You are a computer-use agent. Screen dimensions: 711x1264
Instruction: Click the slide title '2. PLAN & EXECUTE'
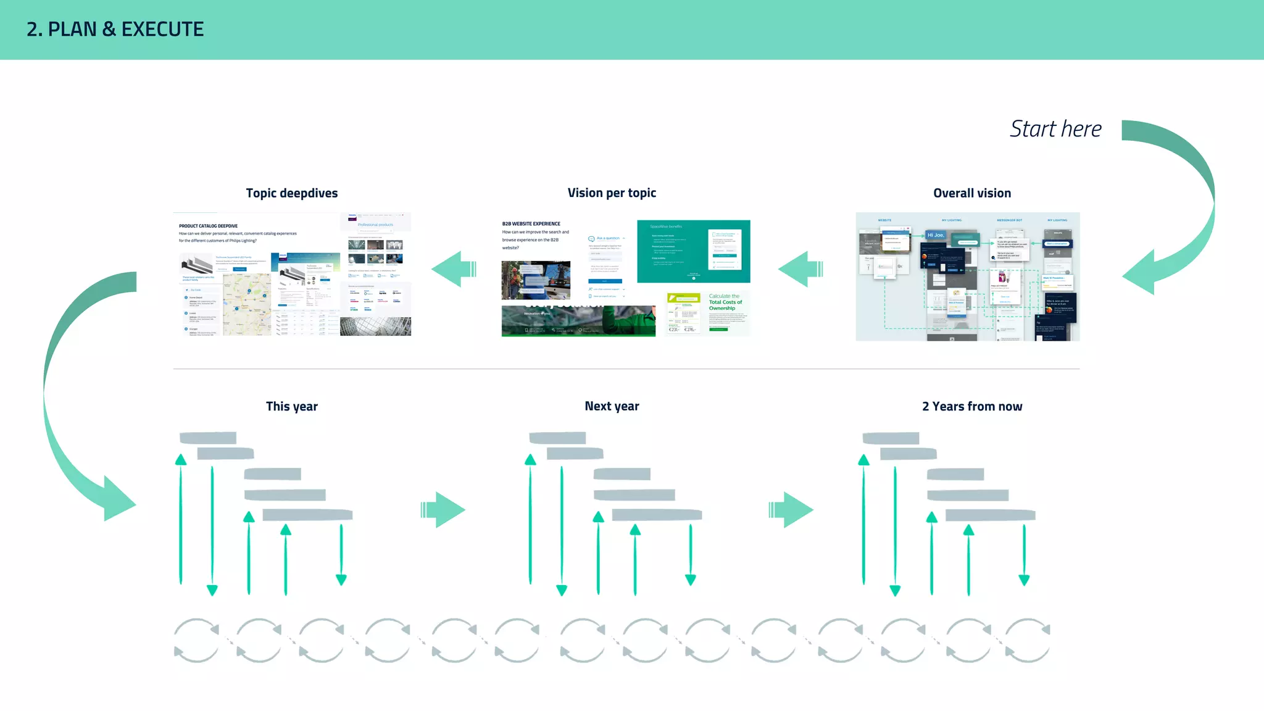[115, 29]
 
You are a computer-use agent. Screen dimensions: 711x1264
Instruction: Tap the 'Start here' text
[1055, 129]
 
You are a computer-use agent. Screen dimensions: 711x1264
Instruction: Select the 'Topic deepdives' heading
[291, 193]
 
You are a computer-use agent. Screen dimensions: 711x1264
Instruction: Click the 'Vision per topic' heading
[612, 193]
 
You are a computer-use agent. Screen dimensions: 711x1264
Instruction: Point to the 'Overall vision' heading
[971, 193]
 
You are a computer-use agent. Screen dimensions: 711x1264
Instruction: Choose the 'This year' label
[291, 406]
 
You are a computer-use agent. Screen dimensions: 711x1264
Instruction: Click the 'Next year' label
[612, 406]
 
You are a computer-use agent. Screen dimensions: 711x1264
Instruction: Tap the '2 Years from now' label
[971, 406]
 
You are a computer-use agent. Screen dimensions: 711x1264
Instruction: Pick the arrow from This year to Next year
[443, 510]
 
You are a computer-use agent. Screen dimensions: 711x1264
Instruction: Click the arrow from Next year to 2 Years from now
[791, 510]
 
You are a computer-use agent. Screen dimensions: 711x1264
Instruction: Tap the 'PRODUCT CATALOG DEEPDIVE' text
[208, 226]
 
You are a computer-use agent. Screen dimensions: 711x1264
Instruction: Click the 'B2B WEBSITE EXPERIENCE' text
[531, 223]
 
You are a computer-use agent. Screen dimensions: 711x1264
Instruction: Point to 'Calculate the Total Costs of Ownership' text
[725, 302]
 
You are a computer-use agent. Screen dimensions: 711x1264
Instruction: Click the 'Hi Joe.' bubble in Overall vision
[935, 235]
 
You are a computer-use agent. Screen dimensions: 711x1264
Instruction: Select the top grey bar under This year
[208, 438]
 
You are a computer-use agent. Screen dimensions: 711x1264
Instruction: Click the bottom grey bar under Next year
[657, 515]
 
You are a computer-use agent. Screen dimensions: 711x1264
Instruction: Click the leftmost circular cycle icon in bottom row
[196, 641]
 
